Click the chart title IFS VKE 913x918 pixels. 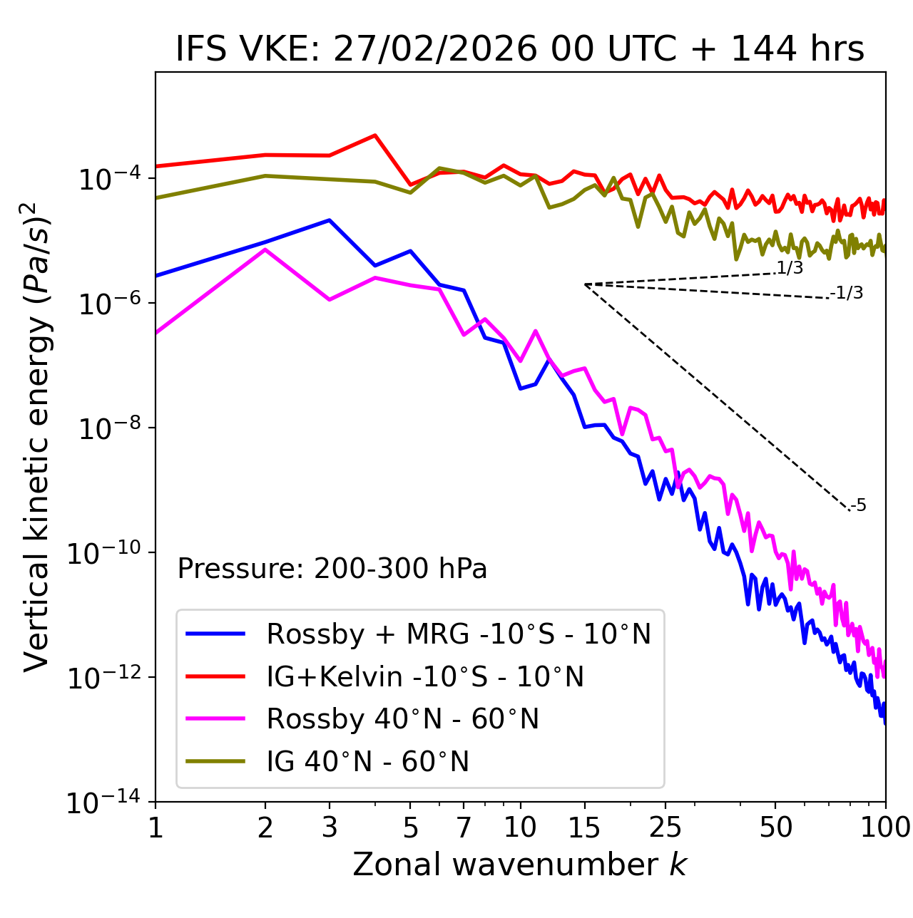(520, 50)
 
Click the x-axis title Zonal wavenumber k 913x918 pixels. (520, 864)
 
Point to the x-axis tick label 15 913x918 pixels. (584, 827)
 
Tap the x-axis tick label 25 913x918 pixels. (665, 827)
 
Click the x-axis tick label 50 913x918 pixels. (776, 827)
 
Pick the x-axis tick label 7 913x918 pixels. (464, 827)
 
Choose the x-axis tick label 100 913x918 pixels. (885, 827)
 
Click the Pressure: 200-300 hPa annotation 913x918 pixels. (332, 569)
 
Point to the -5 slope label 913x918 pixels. (859, 505)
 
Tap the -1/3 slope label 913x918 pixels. (847, 292)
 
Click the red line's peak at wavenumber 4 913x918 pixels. (375, 135)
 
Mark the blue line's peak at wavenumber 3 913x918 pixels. (330, 220)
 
